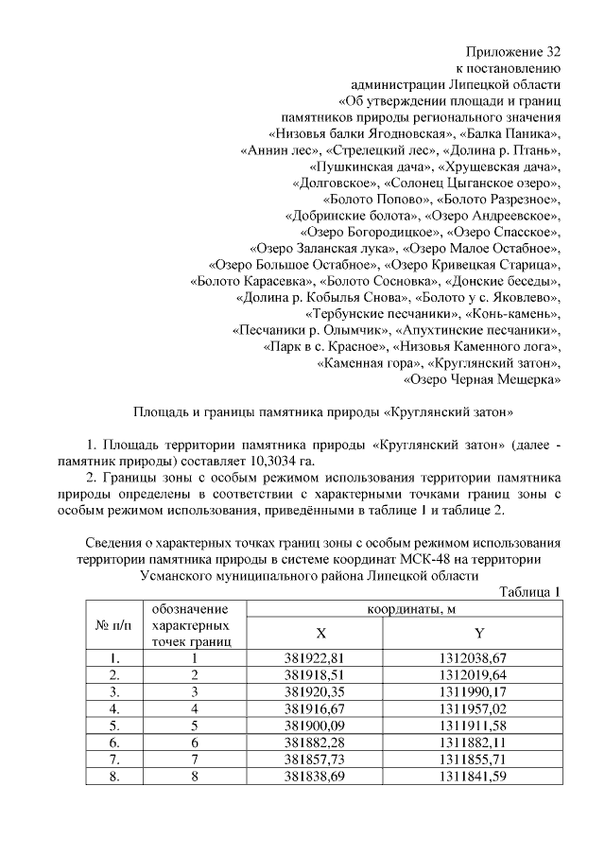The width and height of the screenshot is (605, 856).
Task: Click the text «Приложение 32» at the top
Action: (515, 50)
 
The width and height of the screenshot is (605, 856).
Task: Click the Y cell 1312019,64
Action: (478, 674)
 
